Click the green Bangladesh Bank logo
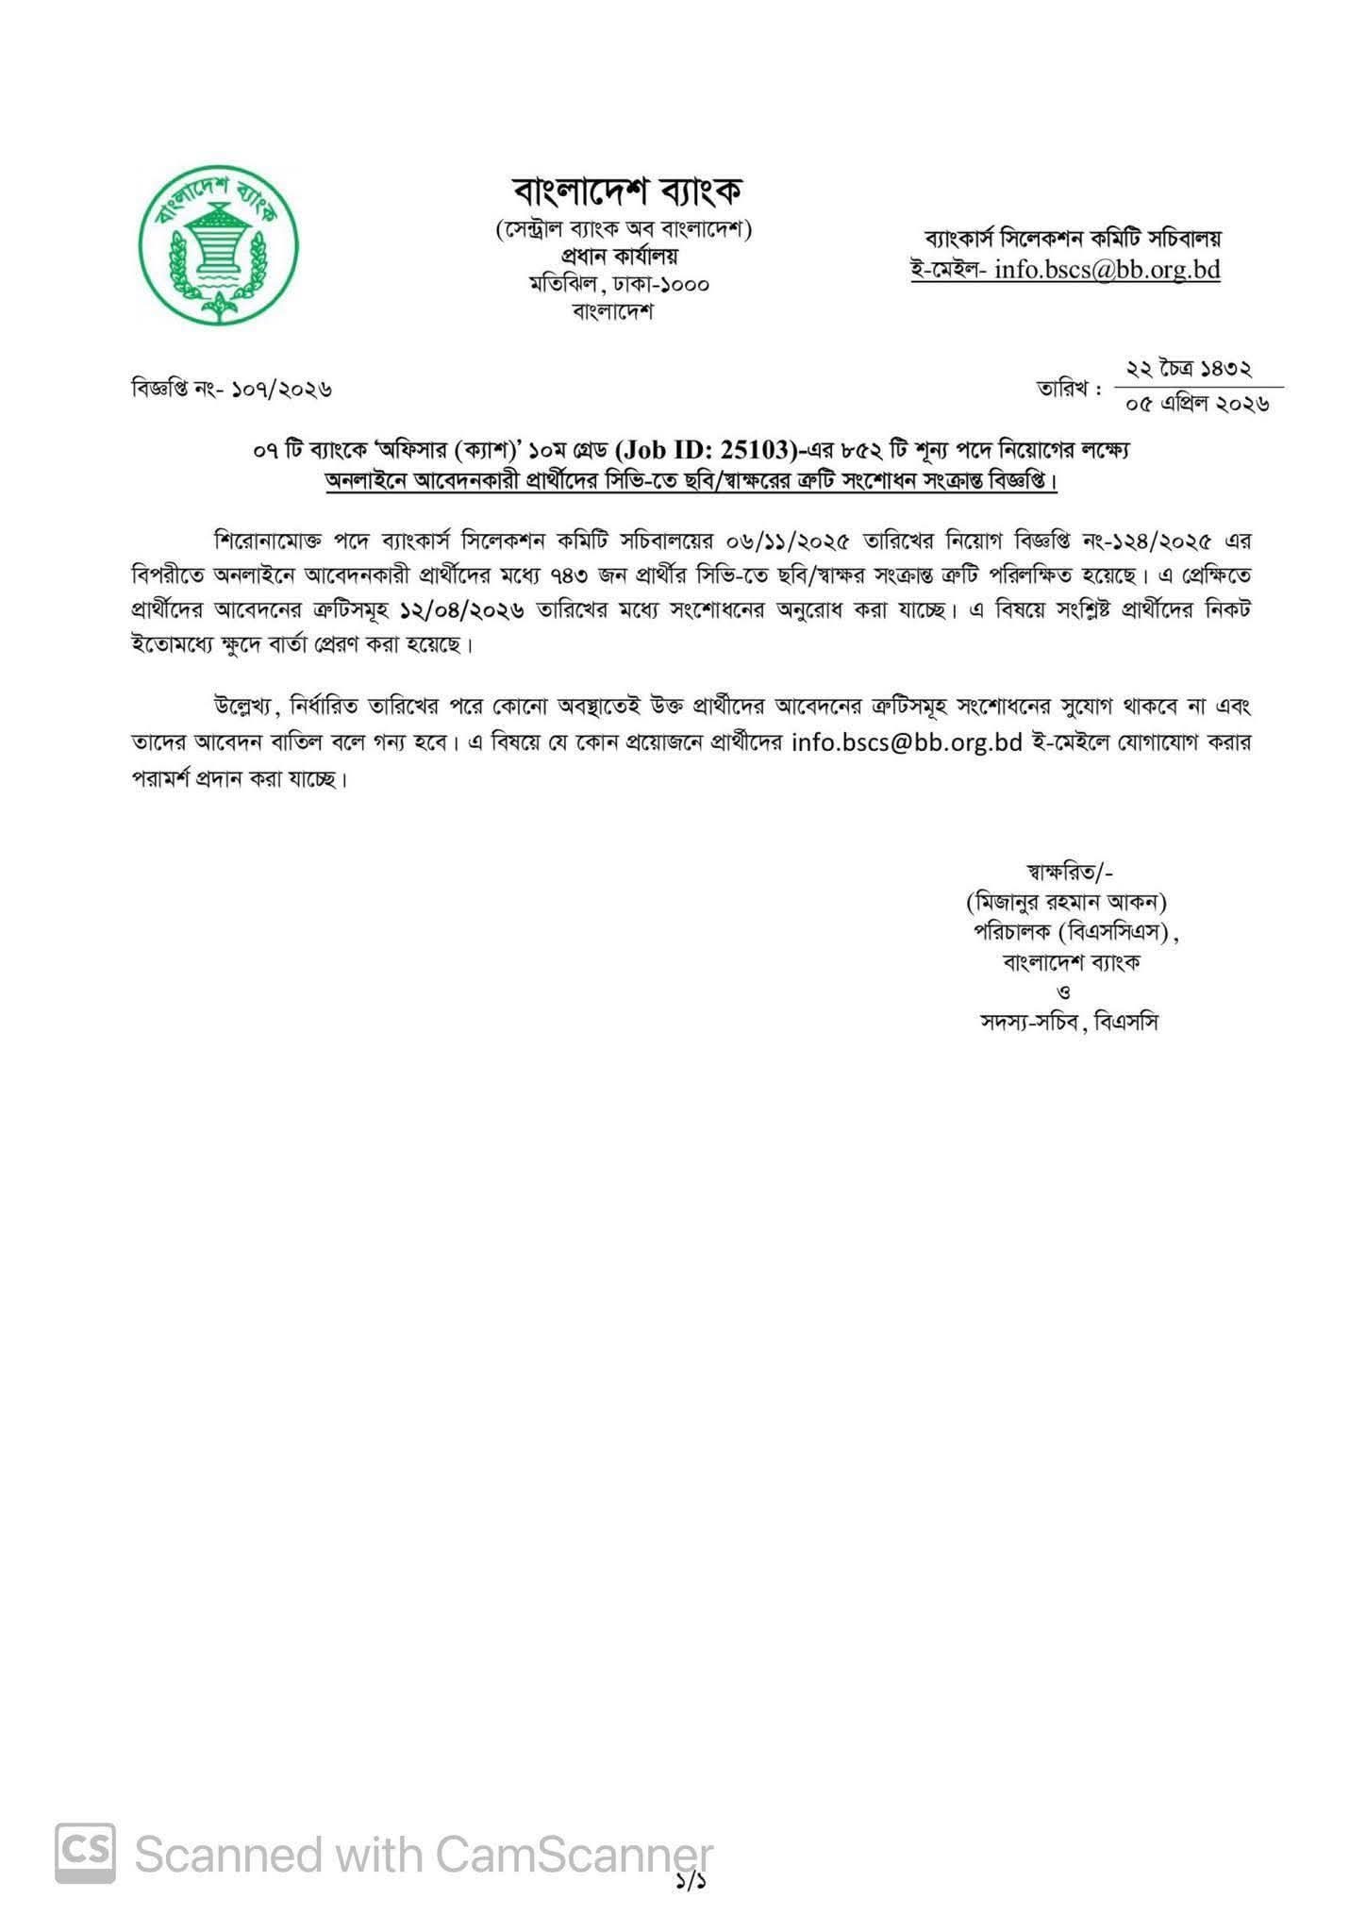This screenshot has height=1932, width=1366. [218, 246]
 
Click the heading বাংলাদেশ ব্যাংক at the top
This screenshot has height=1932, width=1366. [626, 192]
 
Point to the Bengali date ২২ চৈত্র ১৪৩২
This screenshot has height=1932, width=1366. [1189, 369]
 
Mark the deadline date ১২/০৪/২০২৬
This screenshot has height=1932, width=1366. [461, 610]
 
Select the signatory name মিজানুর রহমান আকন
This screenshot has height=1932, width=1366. [1067, 902]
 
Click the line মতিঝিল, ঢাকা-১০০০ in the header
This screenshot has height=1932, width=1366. [619, 283]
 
